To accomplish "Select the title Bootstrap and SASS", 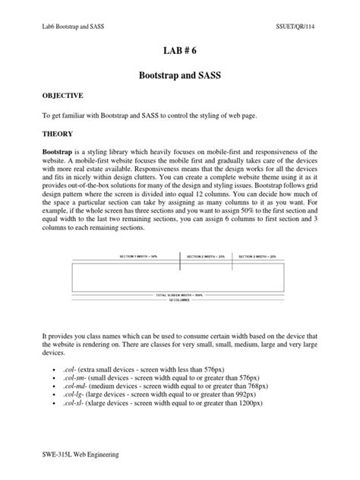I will coord(180,77).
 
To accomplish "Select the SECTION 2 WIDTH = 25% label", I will coord(205,257).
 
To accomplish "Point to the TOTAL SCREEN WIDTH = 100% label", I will coord(179,294).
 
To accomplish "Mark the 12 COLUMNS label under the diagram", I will coord(180,298).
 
